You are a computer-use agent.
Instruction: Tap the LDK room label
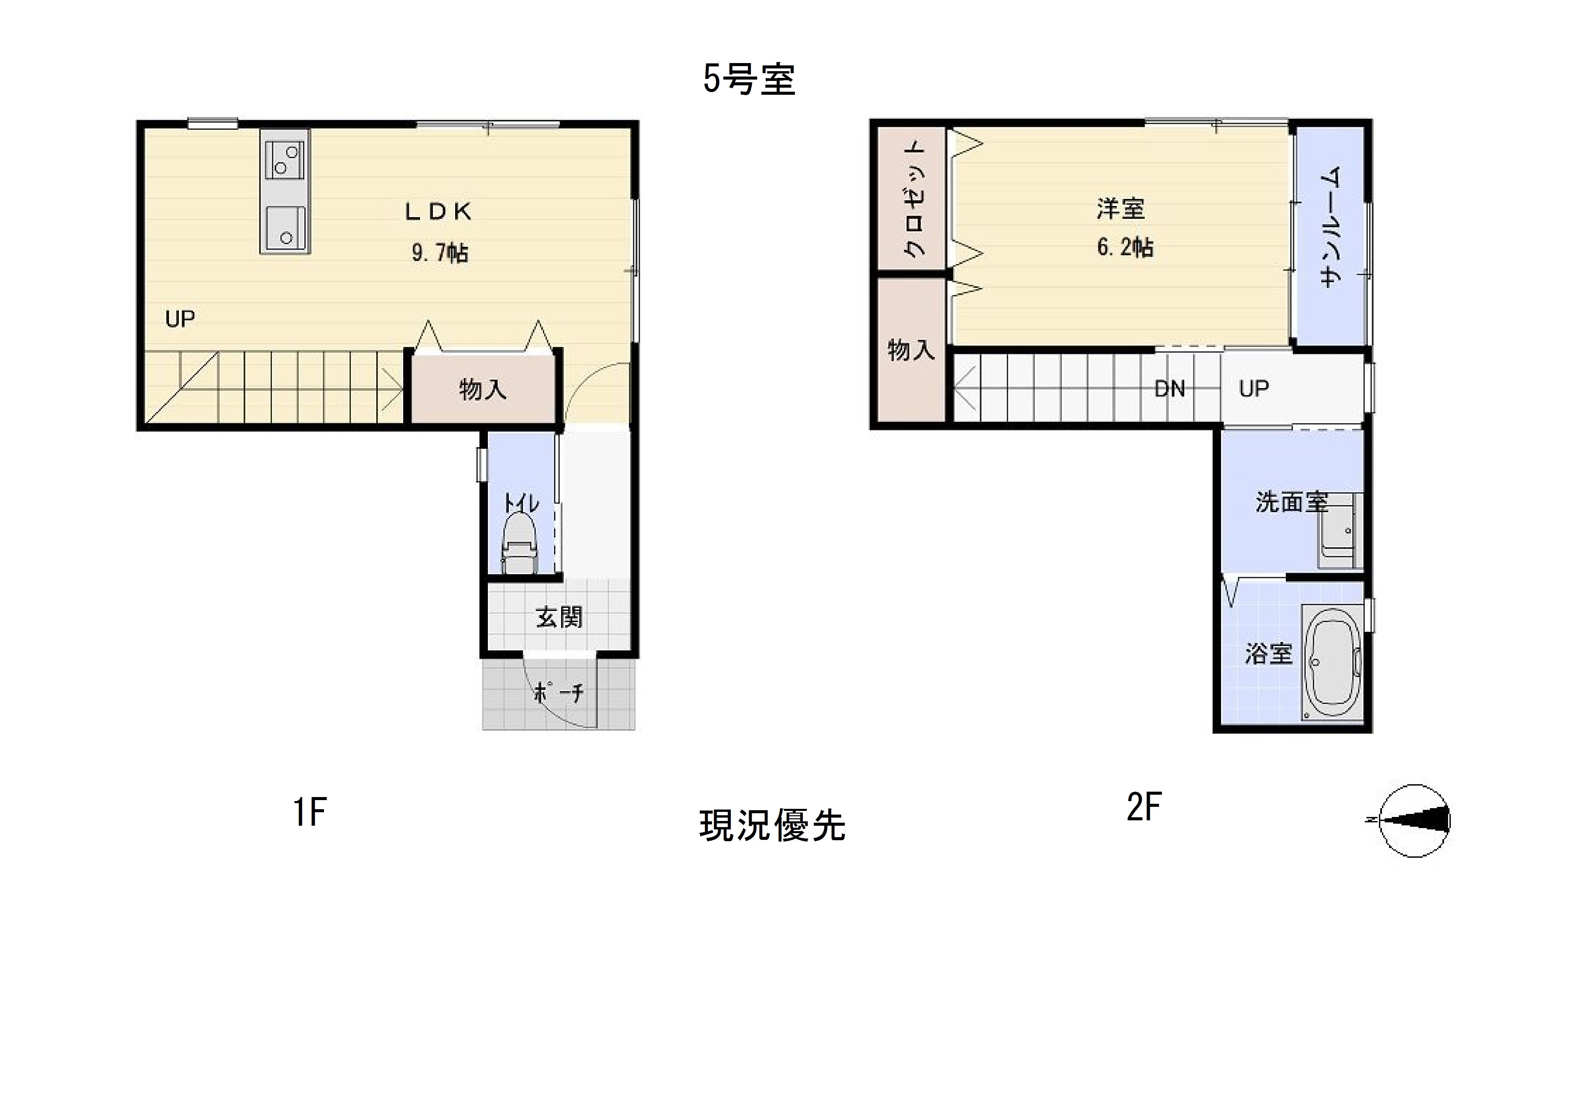point(439,212)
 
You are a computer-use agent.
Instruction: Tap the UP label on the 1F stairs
point(180,319)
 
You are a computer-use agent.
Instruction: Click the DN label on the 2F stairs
point(1170,389)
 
